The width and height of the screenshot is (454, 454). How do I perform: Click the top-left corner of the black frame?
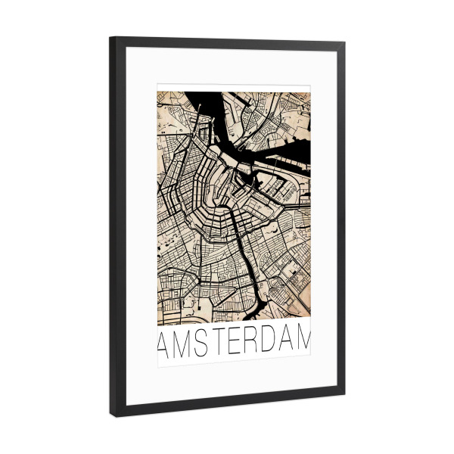(x=110, y=38)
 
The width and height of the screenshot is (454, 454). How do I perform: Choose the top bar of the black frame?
(x=227, y=44)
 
